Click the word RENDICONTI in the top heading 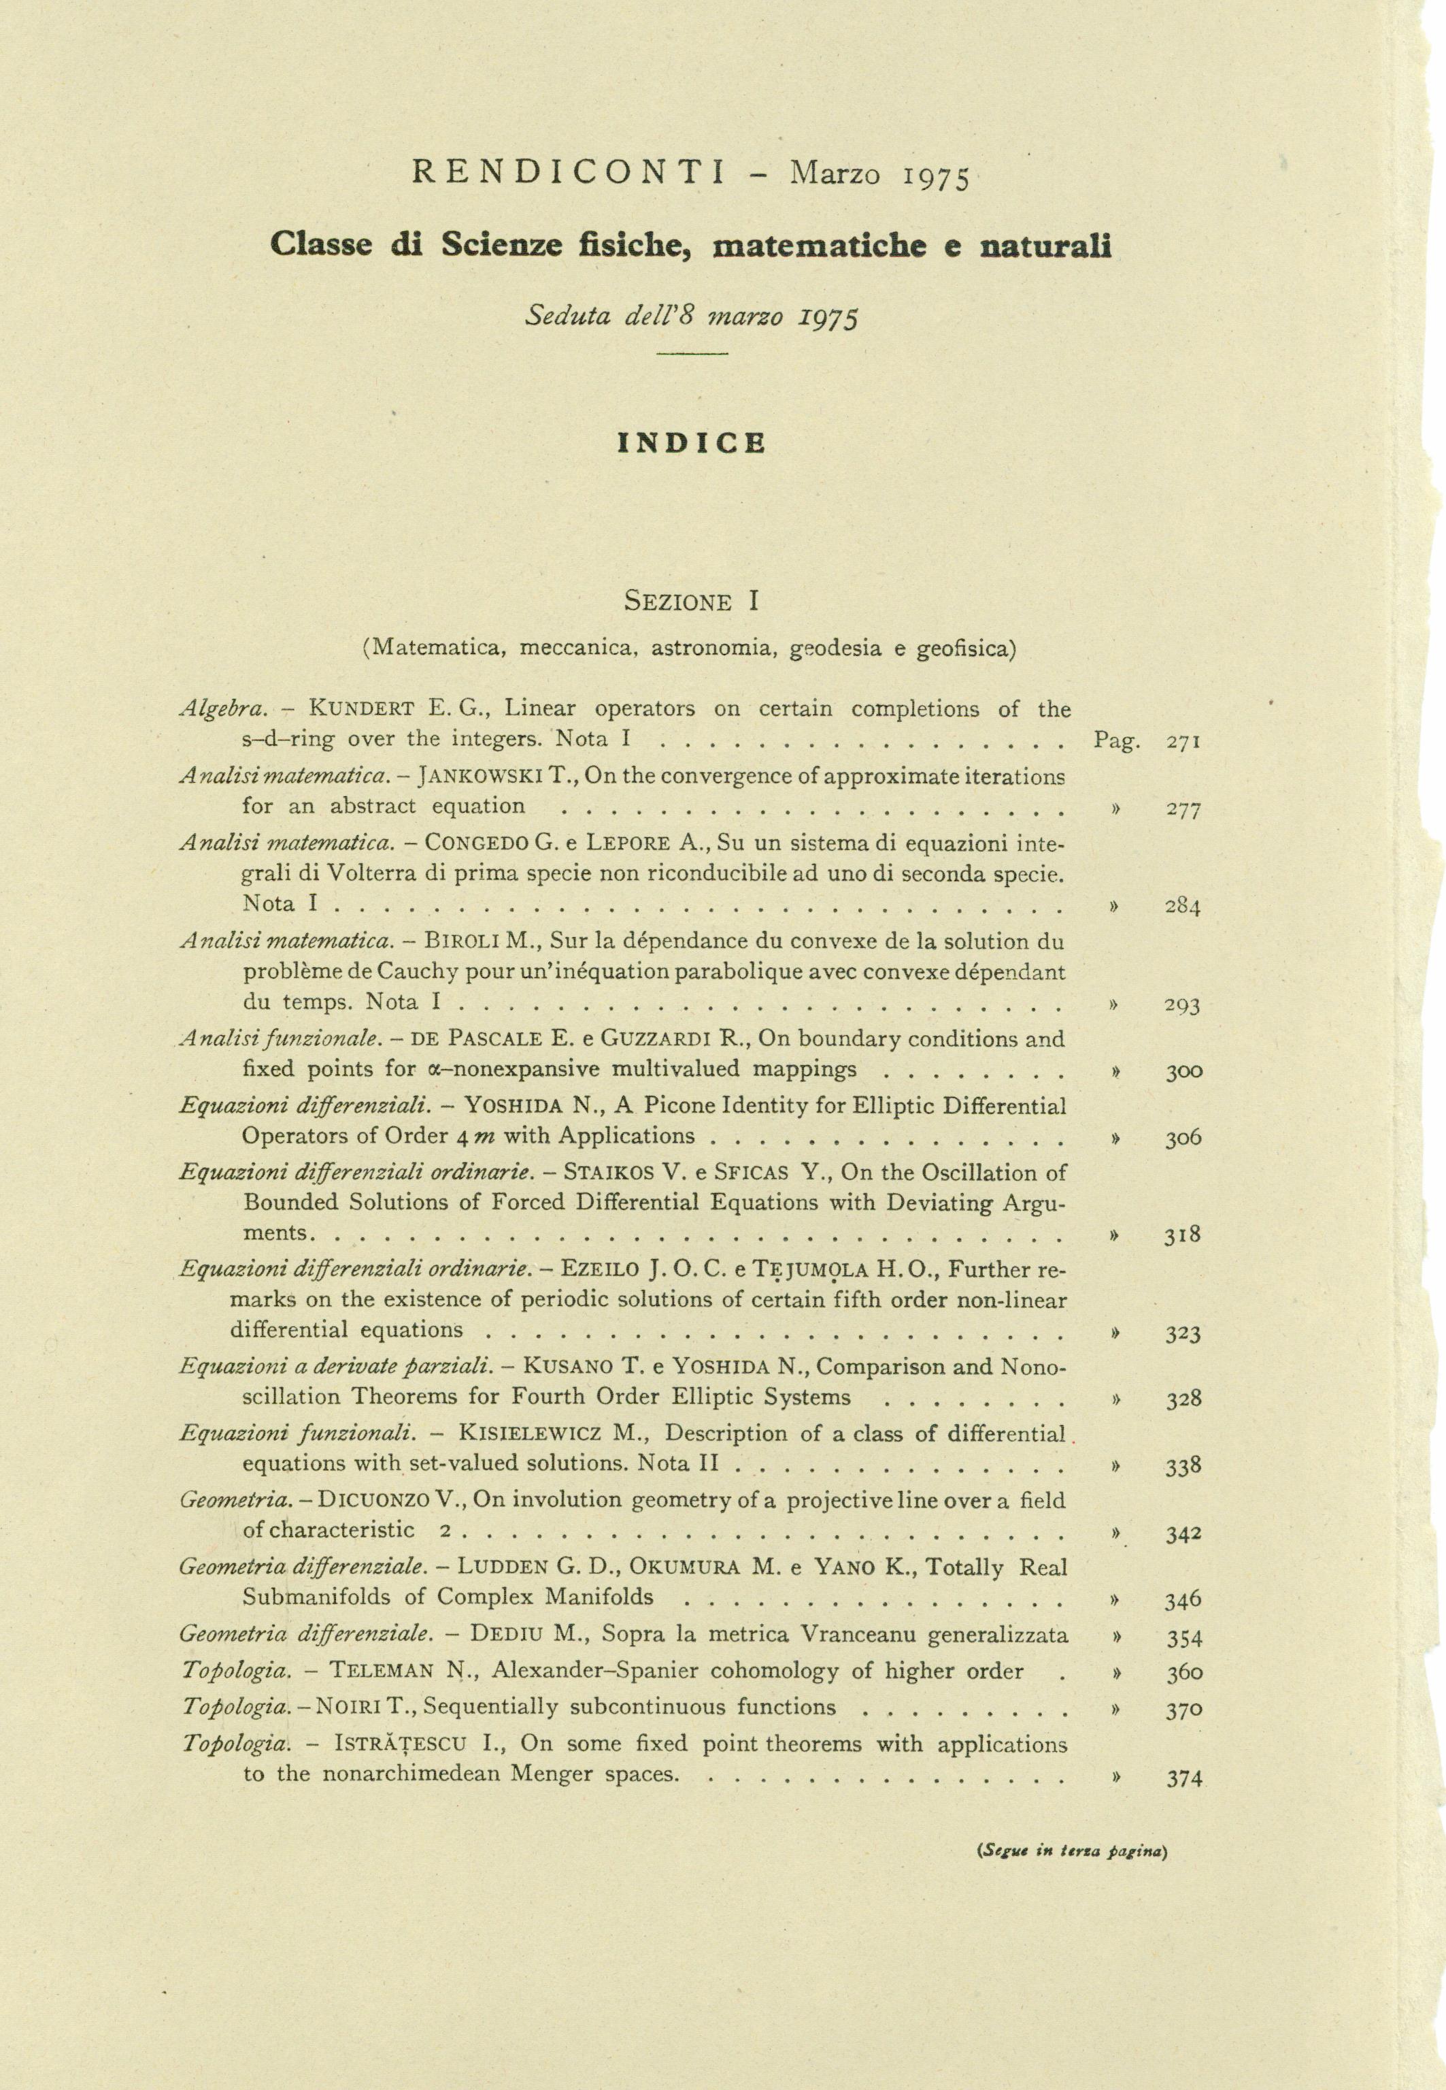[x=568, y=172]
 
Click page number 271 [x=1183, y=741]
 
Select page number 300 [x=1183, y=1071]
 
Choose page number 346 [x=1183, y=1600]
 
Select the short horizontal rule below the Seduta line [x=692, y=353]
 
